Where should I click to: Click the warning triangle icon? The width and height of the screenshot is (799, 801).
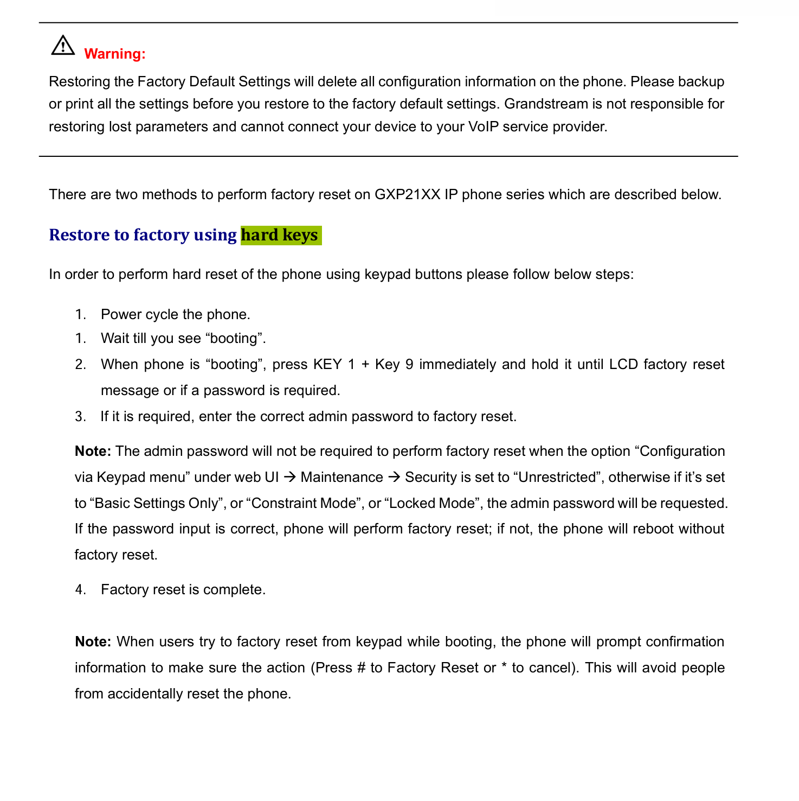click(x=63, y=46)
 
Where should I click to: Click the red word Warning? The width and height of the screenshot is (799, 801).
click(x=115, y=54)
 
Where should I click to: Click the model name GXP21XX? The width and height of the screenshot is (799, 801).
click(x=407, y=194)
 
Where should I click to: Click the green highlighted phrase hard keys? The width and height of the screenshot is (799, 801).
click(x=280, y=235)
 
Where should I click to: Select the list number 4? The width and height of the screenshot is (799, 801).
click(x=80, y=589)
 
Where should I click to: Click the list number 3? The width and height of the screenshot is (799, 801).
click(x=80, y=416)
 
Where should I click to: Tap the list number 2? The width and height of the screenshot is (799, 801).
click(x=80, y=364)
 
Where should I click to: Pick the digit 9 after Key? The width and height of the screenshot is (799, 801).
click(x=409, y=364)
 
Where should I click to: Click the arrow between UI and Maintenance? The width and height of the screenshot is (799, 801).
click(x=289, y=477)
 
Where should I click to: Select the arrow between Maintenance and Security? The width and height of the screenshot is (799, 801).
click(x=394, y=477)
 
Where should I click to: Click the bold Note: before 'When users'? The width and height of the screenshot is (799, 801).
click(x=93, y=641)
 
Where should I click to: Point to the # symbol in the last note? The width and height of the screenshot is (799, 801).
click(x=362, y=667)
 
